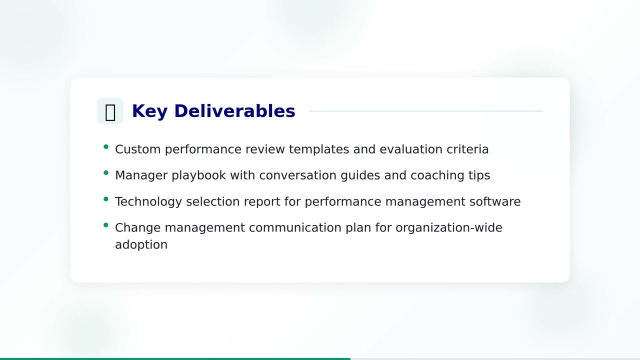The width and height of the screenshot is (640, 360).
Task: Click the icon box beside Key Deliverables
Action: click(x=110, y=111)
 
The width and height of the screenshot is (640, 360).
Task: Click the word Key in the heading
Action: click(x=149, y=111)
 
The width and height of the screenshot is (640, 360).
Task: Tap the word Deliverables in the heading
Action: click(x=234, y=111)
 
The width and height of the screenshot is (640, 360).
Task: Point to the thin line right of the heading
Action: click(x=425, y=111)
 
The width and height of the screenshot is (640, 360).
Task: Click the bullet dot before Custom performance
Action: click(x=106, y=147)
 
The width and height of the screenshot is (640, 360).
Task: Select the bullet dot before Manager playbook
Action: click(x=106, y=173)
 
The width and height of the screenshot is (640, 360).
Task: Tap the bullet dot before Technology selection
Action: click(x=106, y=199)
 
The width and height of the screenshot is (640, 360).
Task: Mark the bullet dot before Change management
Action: click(x=106, y=225)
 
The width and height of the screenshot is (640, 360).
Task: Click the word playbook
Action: click(x=198, y=175)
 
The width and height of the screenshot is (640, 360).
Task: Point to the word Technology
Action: click(x=148, y=201)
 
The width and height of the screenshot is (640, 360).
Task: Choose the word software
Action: click(x=494, y=201)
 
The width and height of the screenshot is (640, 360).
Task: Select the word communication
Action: click(x=295, y=227)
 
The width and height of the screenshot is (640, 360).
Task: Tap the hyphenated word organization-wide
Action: click(x=448, y=227)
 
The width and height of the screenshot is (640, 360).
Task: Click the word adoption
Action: click(x=141, y=244)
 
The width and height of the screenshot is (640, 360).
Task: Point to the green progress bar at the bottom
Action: click(x=175, y=358)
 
